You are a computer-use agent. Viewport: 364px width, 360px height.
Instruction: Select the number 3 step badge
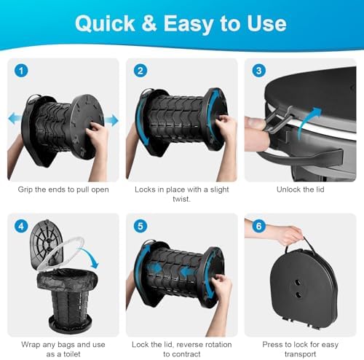coord(257,72)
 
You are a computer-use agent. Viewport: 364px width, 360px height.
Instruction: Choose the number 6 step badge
coord(257,227)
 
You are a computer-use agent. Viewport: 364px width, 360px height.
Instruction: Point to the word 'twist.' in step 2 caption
coord(181,201)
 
